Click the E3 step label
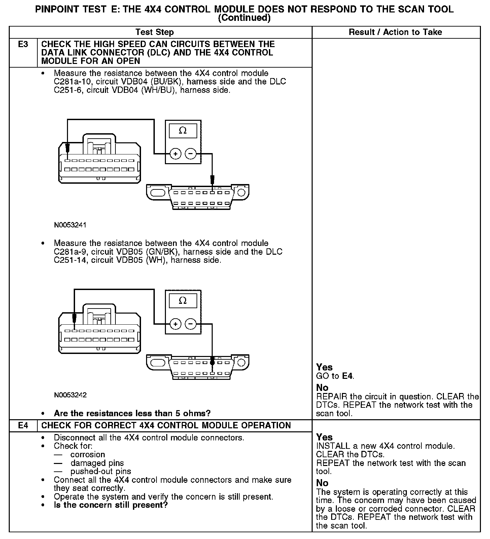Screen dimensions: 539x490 (x=23, y=44)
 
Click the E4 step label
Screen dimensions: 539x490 (x=23, y=426)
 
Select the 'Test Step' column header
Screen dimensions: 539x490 (x=154, y=32)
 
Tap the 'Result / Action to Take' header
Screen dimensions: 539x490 (x=395, y=32)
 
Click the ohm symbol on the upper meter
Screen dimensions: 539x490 (x=183, y=131)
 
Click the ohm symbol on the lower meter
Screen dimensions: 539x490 (x=183, y=300)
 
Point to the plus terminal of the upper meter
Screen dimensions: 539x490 (x=175, y=154)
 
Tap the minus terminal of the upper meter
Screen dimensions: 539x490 (x=190, y=154)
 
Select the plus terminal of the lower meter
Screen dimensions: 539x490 (x=175, y=324)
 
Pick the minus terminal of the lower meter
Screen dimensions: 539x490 (x=190, y=324)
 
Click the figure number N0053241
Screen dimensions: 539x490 (x=70, y=225)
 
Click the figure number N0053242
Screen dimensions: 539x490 (x=70, y=395)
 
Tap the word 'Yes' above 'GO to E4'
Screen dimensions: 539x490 (x=324, y=367)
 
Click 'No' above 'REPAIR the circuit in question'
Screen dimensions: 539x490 (x=322, y=388)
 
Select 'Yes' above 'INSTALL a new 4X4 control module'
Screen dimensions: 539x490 (x=324, y=437)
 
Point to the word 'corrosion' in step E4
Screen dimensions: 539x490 (x=87, y=455)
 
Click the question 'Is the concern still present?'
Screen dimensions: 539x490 (x=111, y=505)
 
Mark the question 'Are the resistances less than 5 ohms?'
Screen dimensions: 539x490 (x=132, y=413)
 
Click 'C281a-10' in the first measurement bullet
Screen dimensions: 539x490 (x=70, y=82)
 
